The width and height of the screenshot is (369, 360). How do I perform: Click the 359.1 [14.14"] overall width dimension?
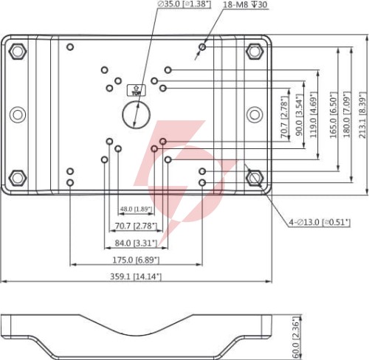136,277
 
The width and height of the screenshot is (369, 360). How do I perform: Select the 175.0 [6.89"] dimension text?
136,260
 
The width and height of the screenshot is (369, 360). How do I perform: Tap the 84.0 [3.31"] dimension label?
136,243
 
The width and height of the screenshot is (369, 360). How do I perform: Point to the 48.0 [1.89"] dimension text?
136,210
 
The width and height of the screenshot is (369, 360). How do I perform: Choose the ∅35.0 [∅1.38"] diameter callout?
184,4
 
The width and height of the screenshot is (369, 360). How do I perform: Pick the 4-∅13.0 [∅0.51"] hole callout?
320,222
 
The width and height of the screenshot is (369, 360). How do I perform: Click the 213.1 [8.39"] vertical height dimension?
362,115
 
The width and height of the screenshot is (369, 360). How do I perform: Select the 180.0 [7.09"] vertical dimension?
347,115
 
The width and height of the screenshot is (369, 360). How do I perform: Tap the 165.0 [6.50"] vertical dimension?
333,115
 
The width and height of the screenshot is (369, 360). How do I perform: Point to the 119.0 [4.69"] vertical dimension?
313,115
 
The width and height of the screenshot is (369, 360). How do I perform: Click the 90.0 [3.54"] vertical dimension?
299,115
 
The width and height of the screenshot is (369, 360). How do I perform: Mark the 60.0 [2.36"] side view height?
297,337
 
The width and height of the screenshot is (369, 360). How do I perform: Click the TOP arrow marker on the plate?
136,90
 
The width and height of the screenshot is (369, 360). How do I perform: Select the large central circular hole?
136,114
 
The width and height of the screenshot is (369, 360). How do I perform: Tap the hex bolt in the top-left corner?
18,51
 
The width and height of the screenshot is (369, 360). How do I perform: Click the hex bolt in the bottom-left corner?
18,178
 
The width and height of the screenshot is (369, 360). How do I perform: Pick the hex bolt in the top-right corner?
255,51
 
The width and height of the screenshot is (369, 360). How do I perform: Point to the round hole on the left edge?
18,114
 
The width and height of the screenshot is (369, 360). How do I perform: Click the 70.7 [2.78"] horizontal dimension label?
136,226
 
